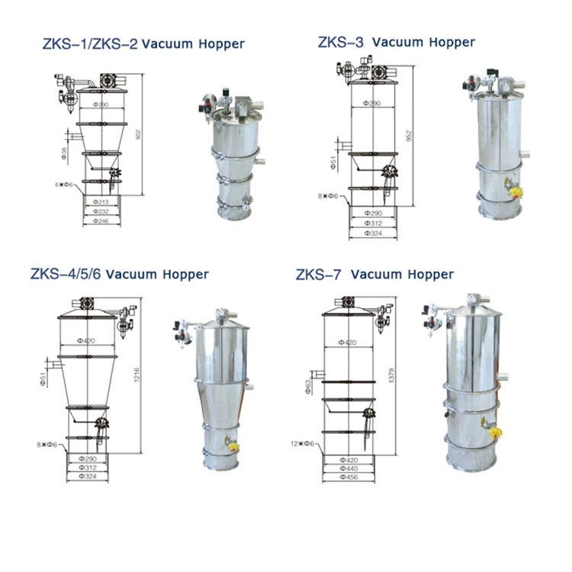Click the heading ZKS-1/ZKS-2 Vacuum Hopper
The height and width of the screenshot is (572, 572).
coord(143,43)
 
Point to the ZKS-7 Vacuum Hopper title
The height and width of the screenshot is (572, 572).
coord(374,274)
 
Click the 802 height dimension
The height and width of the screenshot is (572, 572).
coord(137,134)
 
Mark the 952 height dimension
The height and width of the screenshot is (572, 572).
coord(409,135)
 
